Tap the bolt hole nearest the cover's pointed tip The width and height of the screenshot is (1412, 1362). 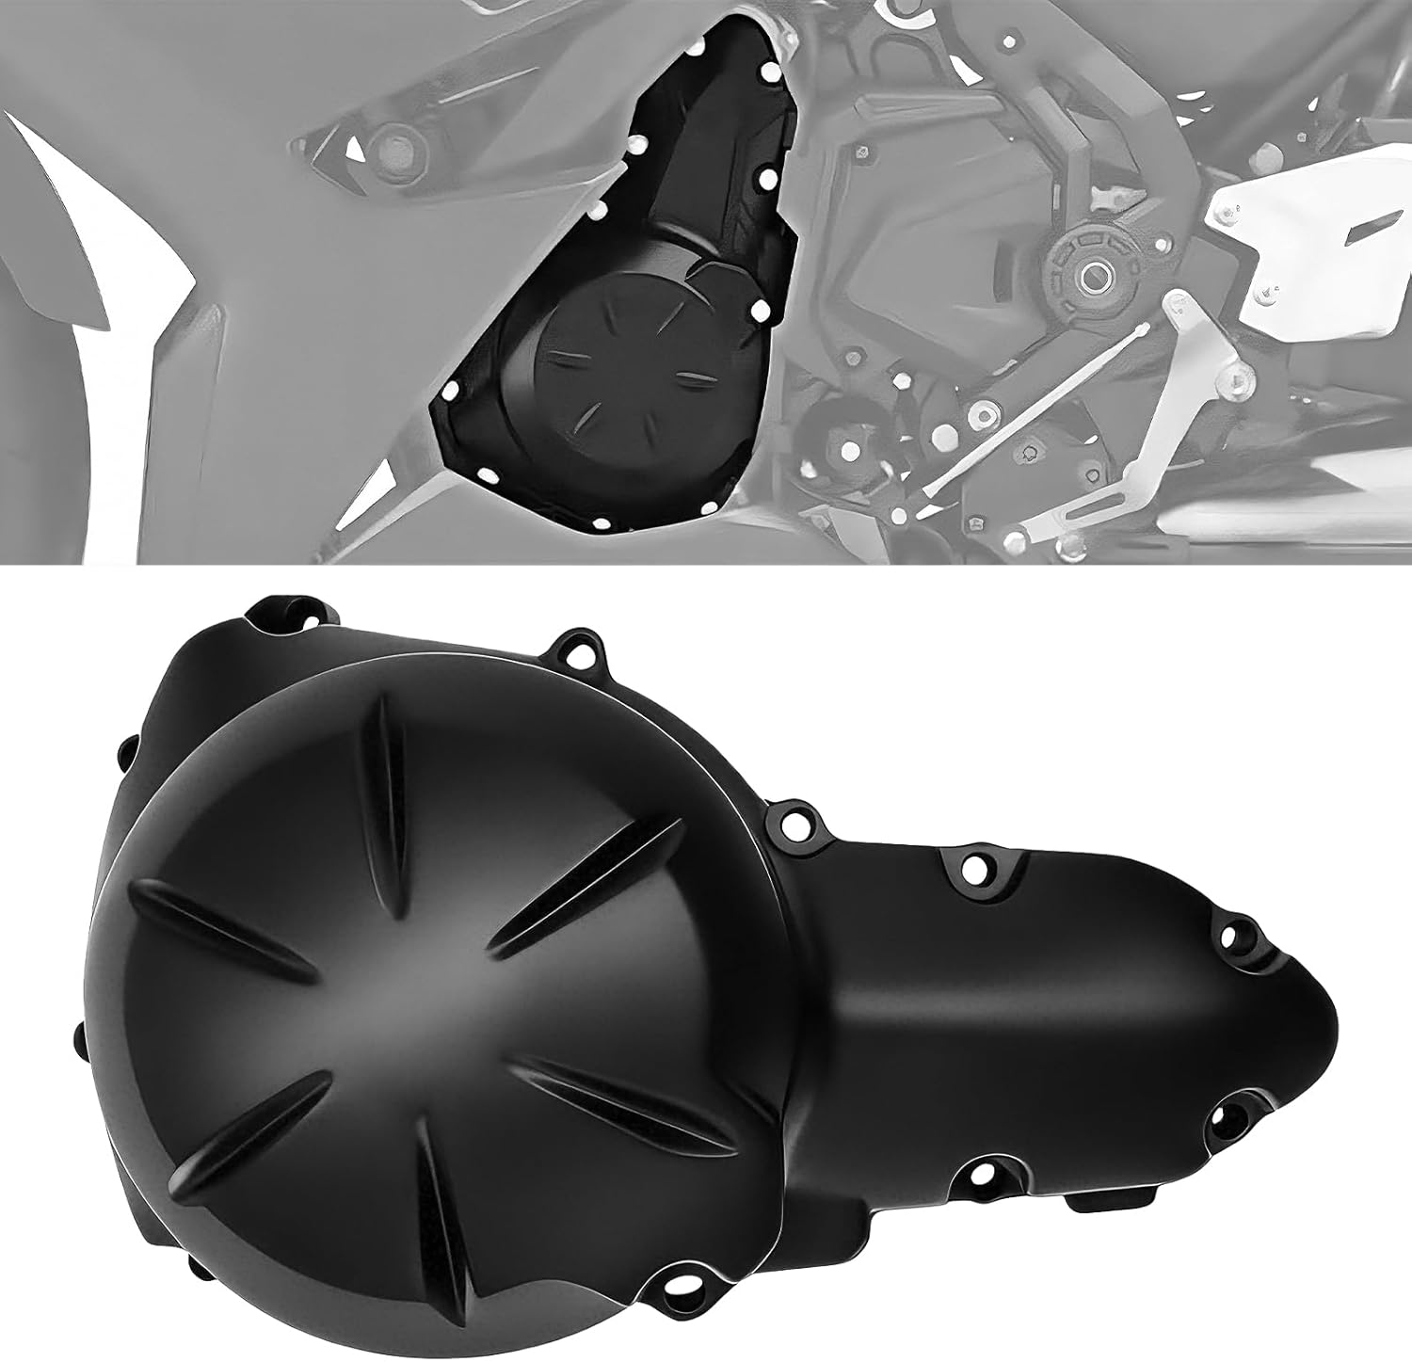tap(1229, 936)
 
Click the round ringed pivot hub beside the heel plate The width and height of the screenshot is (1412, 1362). tap(1092, 275)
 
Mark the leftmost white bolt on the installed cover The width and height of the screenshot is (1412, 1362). tap(450, 388)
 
